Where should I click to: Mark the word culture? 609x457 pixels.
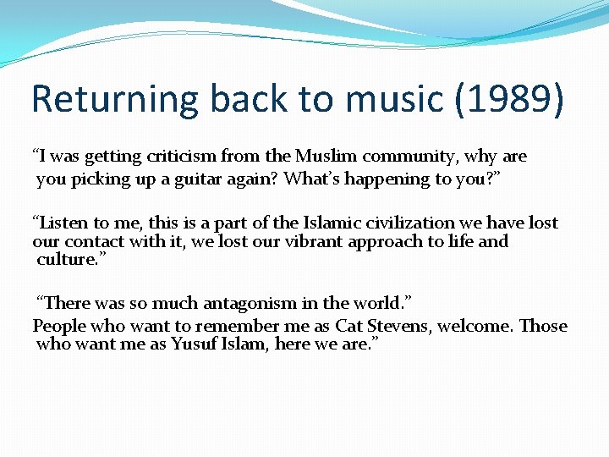[66, 259]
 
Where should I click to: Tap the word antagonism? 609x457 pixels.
[250, 303]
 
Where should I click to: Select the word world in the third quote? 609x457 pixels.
[376, 303]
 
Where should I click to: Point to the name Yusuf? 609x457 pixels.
[197, 344]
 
